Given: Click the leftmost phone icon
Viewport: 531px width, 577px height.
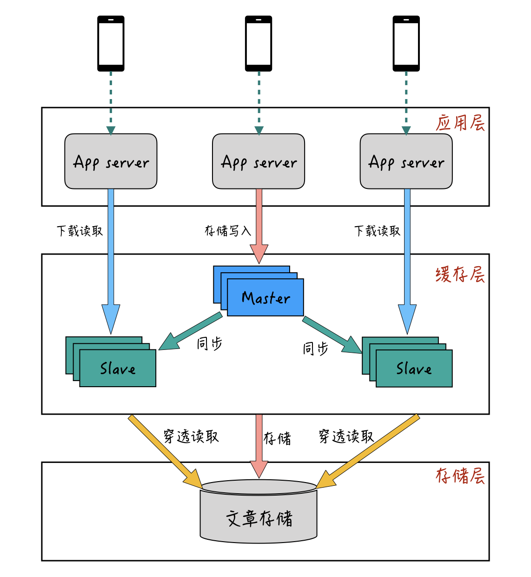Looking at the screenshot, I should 111,43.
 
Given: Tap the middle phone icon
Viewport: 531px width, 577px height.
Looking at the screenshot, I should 259,43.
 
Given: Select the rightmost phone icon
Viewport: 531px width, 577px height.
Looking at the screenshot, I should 406,43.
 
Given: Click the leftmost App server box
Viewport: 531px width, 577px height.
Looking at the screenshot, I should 111,161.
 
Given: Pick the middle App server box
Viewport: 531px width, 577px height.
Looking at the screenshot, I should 259,161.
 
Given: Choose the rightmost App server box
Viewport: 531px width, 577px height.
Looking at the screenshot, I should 406,161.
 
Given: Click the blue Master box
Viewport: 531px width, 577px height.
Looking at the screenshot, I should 265,297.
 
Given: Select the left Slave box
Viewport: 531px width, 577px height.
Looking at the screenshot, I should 117,368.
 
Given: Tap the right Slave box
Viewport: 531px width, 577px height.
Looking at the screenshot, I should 413,368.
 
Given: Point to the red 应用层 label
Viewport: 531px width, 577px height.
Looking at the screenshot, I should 460,123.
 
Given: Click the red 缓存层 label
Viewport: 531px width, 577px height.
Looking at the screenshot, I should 460,275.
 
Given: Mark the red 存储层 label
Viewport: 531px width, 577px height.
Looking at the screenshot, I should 460,476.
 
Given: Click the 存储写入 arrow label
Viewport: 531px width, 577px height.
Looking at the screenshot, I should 228,231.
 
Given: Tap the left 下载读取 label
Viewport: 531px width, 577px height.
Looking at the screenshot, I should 80,231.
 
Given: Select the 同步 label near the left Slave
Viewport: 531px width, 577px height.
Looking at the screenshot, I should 209,344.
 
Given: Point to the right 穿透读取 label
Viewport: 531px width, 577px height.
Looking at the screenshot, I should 346,436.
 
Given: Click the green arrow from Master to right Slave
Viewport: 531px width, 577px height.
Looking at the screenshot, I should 332,335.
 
